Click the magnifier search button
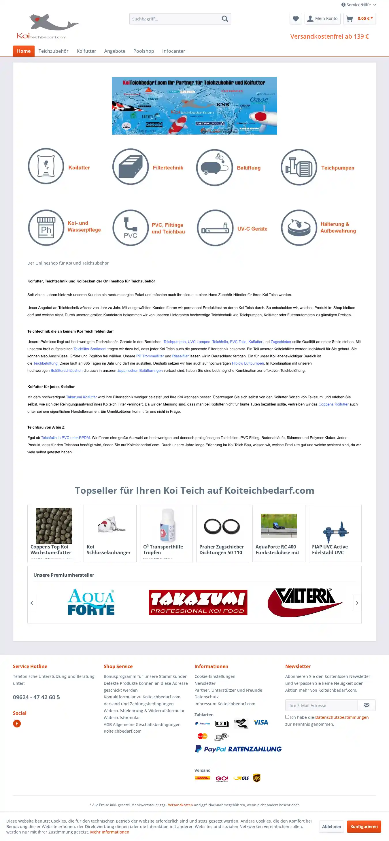click(225, 19)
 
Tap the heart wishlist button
click(296, 19)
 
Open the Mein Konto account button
click(322, 19)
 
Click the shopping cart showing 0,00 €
click(359, 19)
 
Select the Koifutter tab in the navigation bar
click(86, 51)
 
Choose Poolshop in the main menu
click(143, 51)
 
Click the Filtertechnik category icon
click(131, 167)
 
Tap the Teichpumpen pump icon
click(299, 167)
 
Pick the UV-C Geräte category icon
click(215, 228)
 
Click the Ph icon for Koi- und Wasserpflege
click(46, 228)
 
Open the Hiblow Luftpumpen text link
click(248, 363)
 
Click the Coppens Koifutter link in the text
click(333, 404)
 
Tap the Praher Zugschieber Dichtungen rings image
click(222, 526)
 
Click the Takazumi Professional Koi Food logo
click(198, 602)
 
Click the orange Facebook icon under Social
click(17, 724)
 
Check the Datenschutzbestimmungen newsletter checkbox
click(287, 717)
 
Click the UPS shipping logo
click(257, 778)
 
